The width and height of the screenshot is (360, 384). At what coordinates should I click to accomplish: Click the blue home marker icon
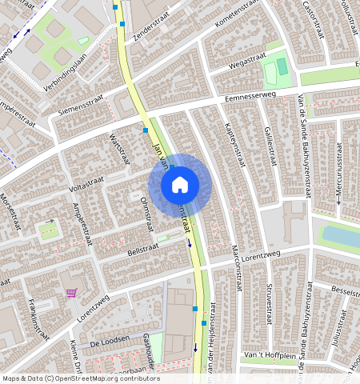180,186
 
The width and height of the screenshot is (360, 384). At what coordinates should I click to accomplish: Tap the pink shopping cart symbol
72,293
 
